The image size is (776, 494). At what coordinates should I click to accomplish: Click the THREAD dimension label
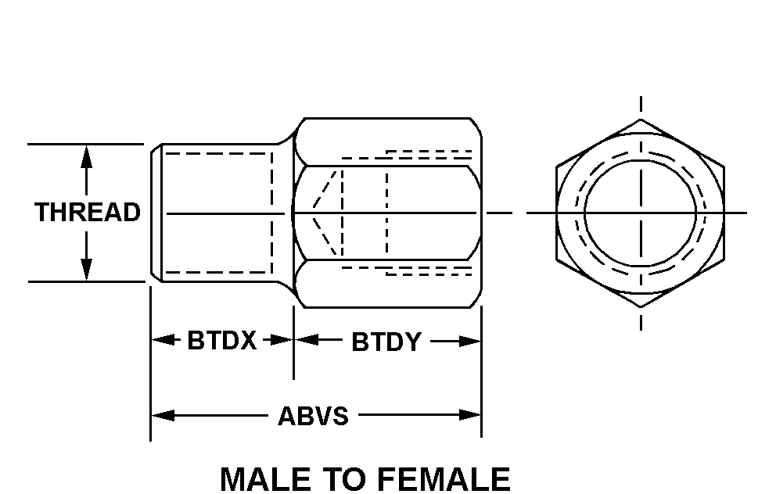point(88,212)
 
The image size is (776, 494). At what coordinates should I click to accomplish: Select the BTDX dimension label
point(221,340)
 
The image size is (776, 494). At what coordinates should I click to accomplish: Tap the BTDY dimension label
point(386,342)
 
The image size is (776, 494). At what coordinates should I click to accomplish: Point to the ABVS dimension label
point(313,416)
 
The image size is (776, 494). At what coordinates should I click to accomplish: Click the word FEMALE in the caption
point(444,479)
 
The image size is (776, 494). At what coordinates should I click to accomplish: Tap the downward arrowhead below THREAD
point(87,269)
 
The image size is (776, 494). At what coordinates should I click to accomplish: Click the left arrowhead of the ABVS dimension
point(163,415)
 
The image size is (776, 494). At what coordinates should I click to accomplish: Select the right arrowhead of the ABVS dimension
point(469,415)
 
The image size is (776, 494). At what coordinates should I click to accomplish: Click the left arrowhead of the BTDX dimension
point(163,340)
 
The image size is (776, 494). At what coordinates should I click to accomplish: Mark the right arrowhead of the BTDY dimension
point(469,341)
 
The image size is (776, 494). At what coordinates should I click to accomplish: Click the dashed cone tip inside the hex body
point(313,206)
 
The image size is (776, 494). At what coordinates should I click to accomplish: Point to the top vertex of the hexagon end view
point(641,119)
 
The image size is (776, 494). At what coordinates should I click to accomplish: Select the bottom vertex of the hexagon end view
point(641,307)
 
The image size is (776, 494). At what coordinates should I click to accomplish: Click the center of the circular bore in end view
point(641,213)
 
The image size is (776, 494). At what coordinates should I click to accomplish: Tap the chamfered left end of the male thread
point(157,213)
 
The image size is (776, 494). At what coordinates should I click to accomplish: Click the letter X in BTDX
point(247,340)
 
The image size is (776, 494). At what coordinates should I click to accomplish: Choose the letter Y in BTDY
point(411,342)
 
